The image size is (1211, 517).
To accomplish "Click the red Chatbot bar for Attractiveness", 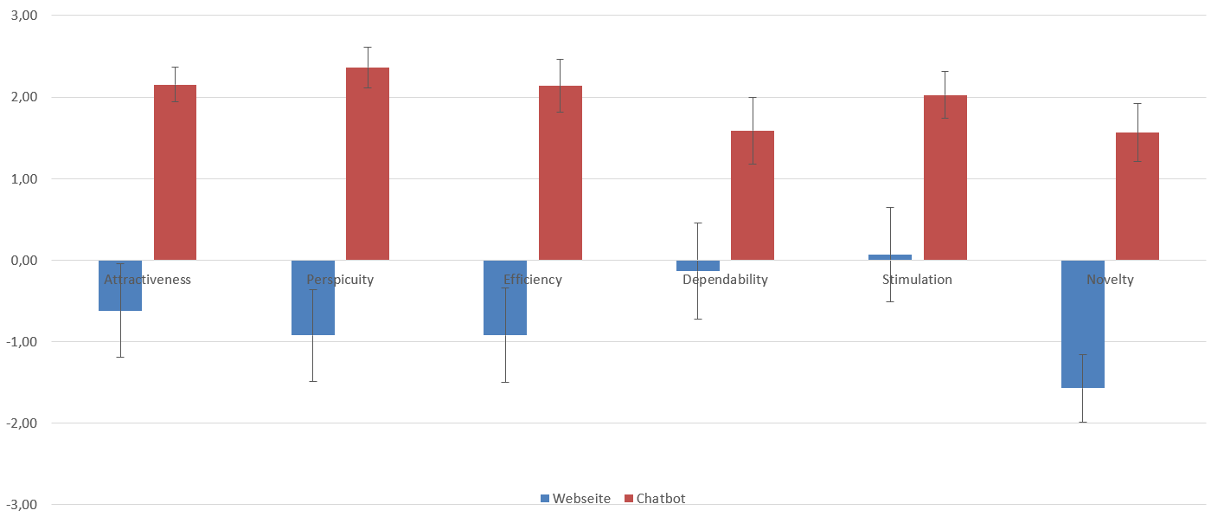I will point(175,172).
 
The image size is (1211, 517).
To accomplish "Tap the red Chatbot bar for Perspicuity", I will point(368,164).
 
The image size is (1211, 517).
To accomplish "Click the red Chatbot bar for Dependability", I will point(753,195).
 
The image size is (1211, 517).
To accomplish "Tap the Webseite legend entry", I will point(575,499).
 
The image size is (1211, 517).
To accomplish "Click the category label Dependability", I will point(725,280).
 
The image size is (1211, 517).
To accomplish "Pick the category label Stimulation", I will point(917,280).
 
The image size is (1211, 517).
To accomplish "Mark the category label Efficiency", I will point(533,280).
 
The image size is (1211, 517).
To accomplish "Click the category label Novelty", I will point(1110,280).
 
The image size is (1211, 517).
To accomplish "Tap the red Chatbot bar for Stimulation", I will point(945,178).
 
